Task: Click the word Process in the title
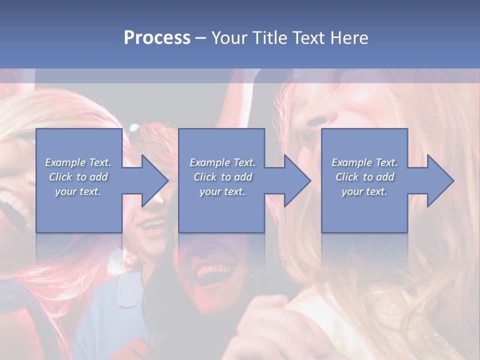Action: [x=157, y=37]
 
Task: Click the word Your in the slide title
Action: [x=229, y=37]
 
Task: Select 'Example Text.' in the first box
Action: [x=78, y=162]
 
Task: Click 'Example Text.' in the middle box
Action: [x=222, y=162]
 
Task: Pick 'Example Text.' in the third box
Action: [x=364, y=162]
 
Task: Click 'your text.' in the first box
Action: [x=78, y=191]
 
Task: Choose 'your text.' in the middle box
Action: [x=222, y=191]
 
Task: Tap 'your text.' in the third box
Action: [x=364, y=191]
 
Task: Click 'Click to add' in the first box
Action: [x=78, y=177]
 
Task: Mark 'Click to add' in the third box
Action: [x=364, y=177]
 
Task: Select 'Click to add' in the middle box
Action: [x=222, y=177]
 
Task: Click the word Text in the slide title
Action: [x=309, y=37]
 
